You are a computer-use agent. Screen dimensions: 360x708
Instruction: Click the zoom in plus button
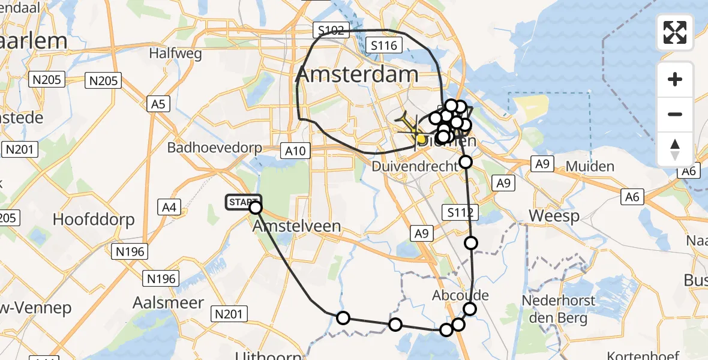click(x=675, y=79)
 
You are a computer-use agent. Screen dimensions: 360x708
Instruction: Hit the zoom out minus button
click(x=675, y=114)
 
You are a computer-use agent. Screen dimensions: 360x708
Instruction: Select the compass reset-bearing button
click(x=675, y=149)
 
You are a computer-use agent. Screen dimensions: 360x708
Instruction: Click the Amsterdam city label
click(x=357, y=74)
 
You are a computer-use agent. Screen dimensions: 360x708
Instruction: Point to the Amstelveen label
click(x=297, y=226)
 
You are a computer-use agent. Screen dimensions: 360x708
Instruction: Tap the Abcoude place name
click(x=460, y=295)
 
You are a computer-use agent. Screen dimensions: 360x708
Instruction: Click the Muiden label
click(x=577, y=166)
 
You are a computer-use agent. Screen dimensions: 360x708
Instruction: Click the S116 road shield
click(x=383, y=45)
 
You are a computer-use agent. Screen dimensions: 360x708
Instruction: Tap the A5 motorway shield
click(x=158, y=104)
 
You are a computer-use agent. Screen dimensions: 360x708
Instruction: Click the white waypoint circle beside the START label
click(x=256, y=208)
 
